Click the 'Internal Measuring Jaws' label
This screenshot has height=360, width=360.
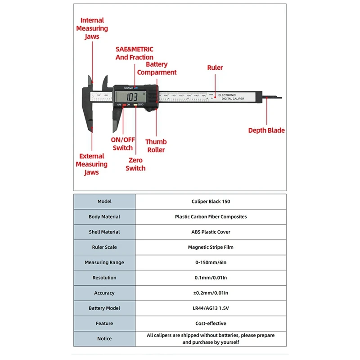pyautogui.click(x=92, y=28)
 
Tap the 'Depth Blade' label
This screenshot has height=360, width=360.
pyautogui.click(x=266, y=130)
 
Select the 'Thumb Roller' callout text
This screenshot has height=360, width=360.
pyautogui.click(x=156, y=146)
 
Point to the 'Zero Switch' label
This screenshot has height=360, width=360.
pyautogui.click(x=135, y=164)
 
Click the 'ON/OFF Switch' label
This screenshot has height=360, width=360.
pyautogui.click(x=123, y=144)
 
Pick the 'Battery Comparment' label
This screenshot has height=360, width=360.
pyautogui.click(x=157, y=68)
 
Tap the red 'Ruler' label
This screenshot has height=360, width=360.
pyautogui.click(x=215, y=67)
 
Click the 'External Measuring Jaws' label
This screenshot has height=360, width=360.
pyautogui.click(x=91, y=164)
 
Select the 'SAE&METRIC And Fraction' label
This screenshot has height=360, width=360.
pyautogui.click(x=134, y=53)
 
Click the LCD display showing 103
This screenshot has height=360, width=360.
pyautogui.click(x=132, y=96)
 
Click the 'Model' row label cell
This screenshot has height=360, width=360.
pyautogui.click(x=104, y=202)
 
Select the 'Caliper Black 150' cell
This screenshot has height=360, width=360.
pyautogui.click(x=211, y=202)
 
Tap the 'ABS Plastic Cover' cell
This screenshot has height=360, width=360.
pyautogui.click(x=211, y=232)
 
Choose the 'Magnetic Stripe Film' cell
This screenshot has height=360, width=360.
pyautogui.click(x=211, y=247)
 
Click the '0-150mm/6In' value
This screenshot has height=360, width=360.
pyautogui.click(x=211, y=263)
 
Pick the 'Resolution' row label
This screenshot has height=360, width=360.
pyautogui.click(x=104, y=278)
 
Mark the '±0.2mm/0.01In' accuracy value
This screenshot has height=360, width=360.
pyautogui.click(x=211, y=293)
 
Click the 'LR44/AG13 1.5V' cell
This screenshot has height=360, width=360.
pyautogui.click(x=211, y=308)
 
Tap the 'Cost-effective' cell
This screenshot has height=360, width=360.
pyautogui.click(x=211, y=324)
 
